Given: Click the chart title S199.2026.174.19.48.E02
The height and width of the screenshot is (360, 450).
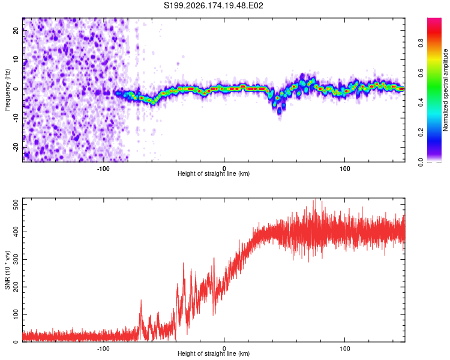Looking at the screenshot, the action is [x=213, y=5].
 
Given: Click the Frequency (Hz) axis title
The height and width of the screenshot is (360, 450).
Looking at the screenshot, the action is [x=7, y=90].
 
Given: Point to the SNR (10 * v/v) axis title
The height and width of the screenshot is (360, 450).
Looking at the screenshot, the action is [x=7, y=270].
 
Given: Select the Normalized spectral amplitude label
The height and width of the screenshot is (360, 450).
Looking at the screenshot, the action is [x=445, y=90].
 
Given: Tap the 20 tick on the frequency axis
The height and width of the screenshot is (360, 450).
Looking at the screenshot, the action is [x=16, y=31].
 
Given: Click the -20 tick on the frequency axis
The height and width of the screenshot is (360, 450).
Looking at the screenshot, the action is [x=16, y=147].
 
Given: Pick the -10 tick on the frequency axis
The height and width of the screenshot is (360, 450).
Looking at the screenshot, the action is [x=16, y=118].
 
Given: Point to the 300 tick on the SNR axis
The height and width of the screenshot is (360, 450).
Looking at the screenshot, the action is [x=16, y=260].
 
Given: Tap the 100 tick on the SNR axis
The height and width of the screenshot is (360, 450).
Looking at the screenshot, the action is [x=16, y=314].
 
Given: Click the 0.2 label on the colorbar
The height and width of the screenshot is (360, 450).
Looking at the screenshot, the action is [x=421, y=133].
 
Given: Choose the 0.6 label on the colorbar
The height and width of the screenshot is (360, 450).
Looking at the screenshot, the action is [x=421, y=73].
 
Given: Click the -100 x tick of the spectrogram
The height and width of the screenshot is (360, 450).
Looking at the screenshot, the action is [x=103, y=169].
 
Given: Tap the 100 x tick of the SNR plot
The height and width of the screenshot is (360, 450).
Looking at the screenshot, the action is [x=344, y=349].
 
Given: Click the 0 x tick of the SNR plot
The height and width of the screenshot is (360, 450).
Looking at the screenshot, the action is [x=224, y=349].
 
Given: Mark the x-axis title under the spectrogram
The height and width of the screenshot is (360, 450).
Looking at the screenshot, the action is [x=214, y=173].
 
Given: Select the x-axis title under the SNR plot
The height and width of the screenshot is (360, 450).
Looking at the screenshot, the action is [x=214, y=353].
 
